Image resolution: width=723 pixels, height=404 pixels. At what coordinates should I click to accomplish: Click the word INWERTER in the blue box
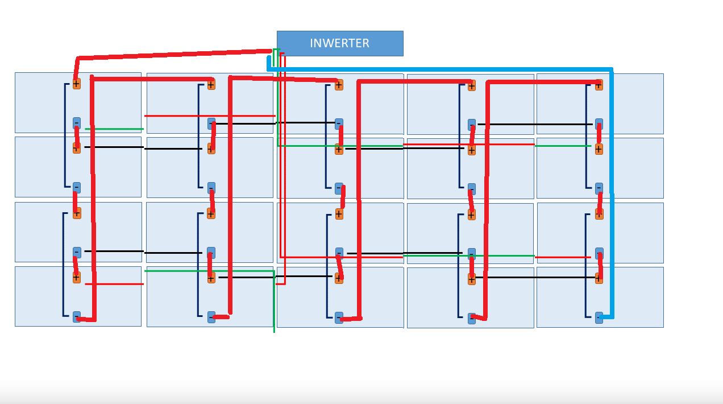339,43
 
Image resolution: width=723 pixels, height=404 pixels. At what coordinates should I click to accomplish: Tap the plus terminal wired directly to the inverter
77,84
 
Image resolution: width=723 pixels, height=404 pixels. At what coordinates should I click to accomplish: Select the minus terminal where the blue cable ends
599,318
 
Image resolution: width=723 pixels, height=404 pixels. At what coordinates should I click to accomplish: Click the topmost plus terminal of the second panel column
211,85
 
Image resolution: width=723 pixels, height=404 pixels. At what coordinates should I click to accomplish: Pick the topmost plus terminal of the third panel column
339,85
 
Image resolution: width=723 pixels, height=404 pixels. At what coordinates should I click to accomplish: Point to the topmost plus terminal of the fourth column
472,86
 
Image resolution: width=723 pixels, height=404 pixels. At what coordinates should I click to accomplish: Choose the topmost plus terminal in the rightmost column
599,85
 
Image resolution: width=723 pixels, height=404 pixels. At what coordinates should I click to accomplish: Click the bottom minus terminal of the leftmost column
77,317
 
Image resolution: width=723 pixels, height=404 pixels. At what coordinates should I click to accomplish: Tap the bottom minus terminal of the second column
211,317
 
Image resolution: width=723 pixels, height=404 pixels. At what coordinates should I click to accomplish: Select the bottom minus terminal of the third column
339,318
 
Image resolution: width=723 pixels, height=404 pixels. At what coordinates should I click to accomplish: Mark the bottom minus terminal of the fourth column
472,318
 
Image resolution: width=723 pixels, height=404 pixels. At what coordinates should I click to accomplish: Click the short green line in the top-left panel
114,129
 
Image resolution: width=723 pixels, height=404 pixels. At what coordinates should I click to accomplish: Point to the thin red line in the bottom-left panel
114,284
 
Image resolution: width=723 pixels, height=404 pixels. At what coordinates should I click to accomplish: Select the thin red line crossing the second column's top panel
210,116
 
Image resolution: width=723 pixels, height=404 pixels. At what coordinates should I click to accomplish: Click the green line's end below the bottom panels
274,332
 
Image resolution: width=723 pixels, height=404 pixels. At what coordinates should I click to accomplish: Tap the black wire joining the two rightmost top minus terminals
535,124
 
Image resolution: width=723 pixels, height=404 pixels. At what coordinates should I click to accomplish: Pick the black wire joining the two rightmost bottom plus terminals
535,277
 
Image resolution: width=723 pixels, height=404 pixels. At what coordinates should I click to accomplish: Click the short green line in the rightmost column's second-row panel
563,146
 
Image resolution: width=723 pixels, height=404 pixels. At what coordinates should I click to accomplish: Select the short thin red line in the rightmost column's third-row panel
563,257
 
